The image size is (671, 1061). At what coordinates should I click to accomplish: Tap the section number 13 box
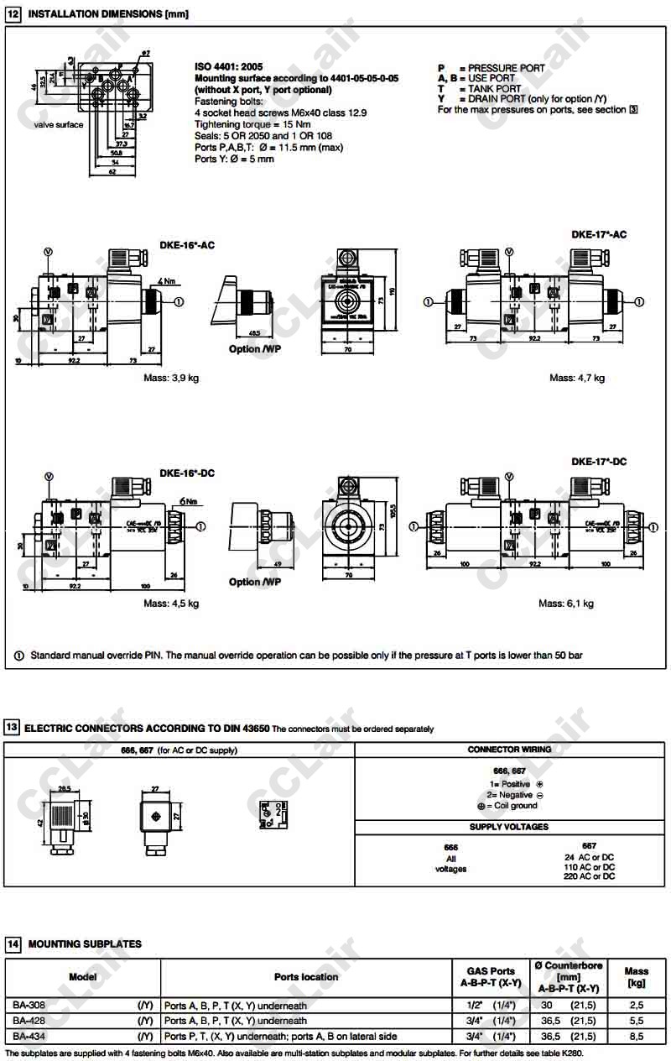[12, 728]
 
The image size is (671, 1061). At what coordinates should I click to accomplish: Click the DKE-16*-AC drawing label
[187, 245]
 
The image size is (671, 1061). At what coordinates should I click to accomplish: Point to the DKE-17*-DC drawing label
[599, 462]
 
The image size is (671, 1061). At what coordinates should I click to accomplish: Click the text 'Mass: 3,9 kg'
[171, 378]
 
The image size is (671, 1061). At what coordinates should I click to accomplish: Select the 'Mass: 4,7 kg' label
[577, 378]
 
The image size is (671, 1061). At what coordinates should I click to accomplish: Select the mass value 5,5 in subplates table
[636, 1021]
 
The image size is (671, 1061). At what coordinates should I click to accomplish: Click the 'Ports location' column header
[306, 977]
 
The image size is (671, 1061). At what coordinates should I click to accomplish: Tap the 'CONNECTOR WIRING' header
[509, 750]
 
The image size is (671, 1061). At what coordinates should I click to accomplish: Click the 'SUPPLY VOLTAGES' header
[509, 827]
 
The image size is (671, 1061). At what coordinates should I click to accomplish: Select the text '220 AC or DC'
[589, 876]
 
